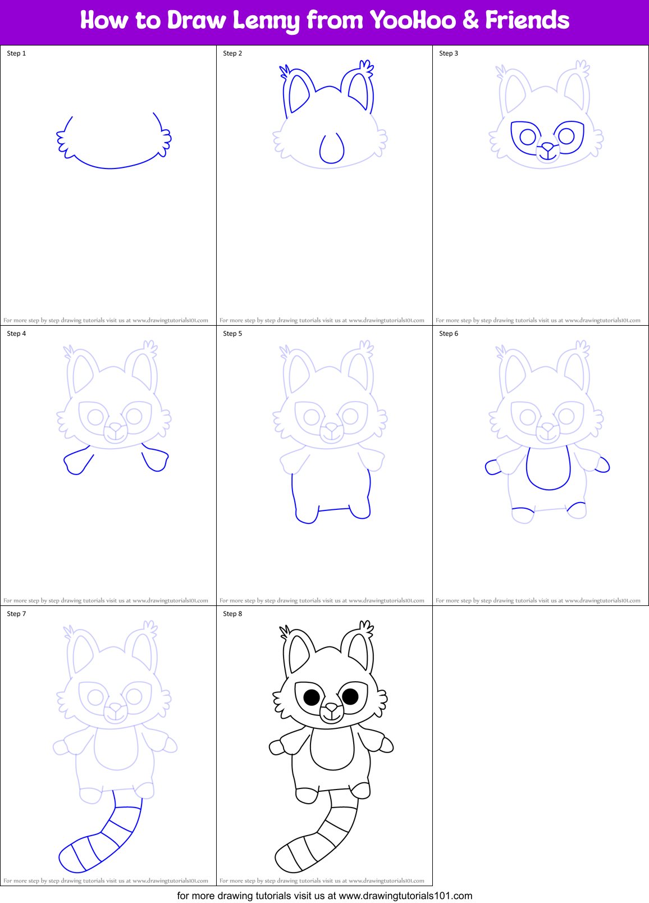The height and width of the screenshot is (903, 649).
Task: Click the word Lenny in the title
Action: (x=266, y=21)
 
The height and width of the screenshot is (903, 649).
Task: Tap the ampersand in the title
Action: (x=470, y=21)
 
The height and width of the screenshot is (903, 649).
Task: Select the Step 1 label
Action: (x=16, y=53)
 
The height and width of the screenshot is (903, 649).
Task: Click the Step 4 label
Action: (x=16, y=334)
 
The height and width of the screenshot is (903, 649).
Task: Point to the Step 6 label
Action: (x=449, y=334)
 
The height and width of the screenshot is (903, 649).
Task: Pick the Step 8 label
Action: (x=232, y=614)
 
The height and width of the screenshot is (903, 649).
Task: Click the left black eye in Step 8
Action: (x=312, y=697)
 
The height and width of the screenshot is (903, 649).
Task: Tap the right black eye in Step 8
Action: (x=350, y=696)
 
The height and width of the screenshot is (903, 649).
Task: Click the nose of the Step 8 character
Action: (x=332, y=708)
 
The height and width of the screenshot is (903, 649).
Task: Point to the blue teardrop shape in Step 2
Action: (x=332, y=149)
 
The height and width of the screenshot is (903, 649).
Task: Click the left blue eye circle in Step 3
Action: (x=528, y=136)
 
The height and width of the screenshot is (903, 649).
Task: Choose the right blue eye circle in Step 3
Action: (x=566, y=136)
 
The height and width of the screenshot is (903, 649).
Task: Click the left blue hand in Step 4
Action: (x=76, y=464)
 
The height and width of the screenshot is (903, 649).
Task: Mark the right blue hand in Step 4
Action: (x=157, y=461)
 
